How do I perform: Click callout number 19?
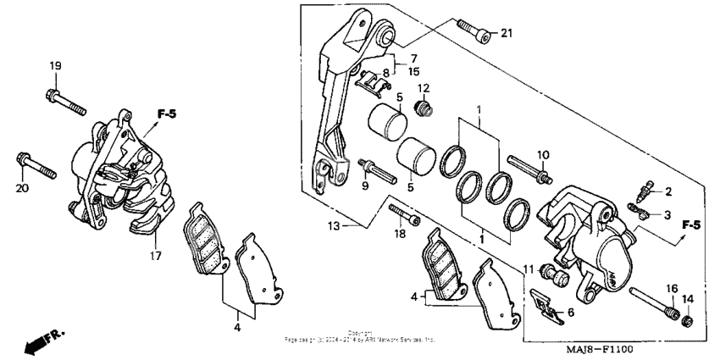(x=55, y=66)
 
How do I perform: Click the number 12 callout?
(x=424, y=88)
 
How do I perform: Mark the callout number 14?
(x=688, y=298)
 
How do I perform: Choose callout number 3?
(x=668, y=214)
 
